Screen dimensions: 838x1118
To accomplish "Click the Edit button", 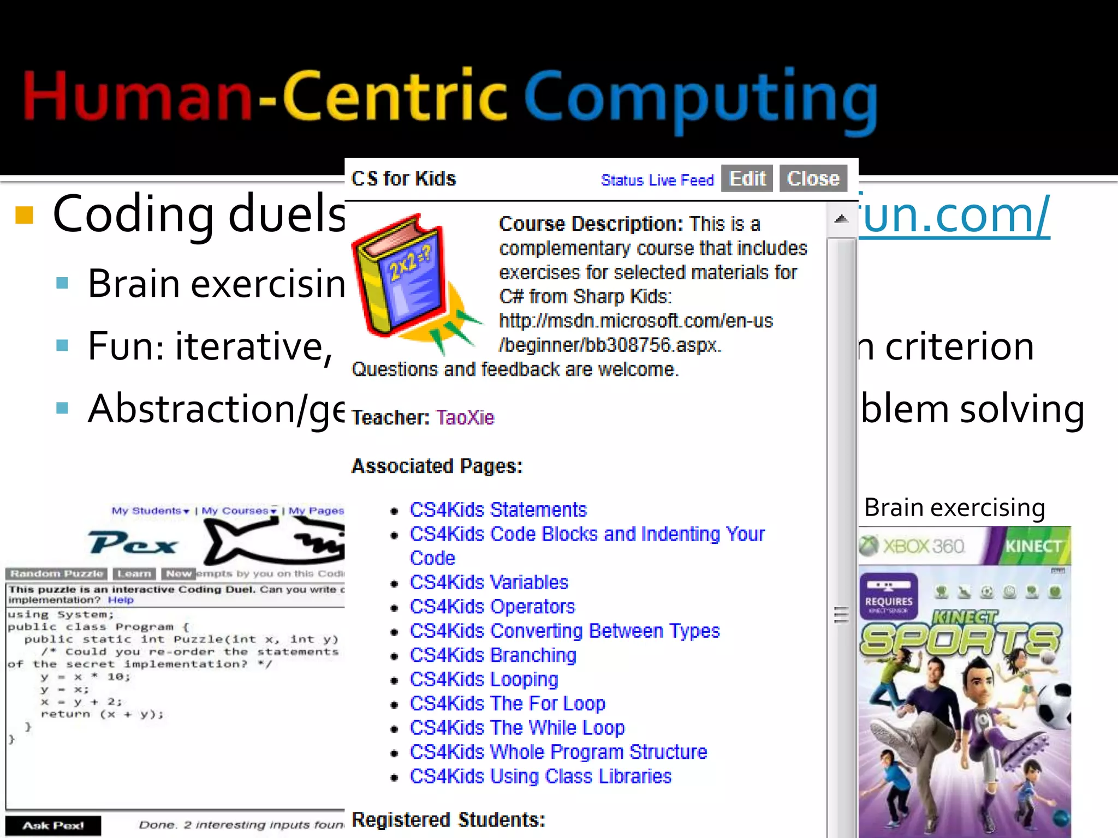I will pos(747,178).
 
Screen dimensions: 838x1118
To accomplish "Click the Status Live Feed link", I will pos(657,180).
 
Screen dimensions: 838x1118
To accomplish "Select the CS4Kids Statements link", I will pos(498,510).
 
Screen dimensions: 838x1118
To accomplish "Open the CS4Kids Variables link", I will pos(489,582).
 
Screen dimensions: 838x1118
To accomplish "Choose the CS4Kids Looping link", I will pos(484,679).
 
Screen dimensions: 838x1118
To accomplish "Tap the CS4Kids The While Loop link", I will pos(517,728).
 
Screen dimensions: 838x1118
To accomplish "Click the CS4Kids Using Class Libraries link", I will pos(540,776).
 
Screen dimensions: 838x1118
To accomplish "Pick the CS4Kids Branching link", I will pos(493,655).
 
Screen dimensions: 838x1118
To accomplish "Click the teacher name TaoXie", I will pos(465,417).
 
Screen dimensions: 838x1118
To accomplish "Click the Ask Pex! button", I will pos(53,825).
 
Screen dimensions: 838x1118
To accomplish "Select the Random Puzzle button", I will pos(57,574).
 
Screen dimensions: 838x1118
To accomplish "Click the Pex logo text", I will pos(133,543).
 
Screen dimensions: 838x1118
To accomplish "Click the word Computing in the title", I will pos(700,98).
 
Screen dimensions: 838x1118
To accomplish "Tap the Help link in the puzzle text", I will pos(120,600).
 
